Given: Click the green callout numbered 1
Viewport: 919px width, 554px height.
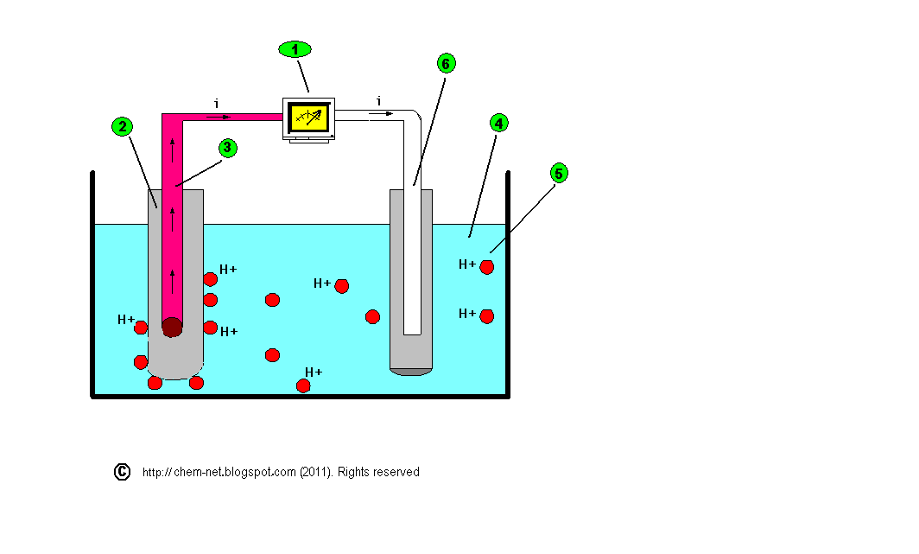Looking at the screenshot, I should pyautogui.click(x=295, y=49).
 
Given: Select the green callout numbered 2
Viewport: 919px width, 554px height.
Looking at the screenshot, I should pyautogui.click(x=122, y=127).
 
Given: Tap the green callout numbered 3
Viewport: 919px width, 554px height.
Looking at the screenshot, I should pyautogui.click(x=227, y=148).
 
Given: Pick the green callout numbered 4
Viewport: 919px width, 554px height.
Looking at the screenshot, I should pyautogui.click(x=497, y=123).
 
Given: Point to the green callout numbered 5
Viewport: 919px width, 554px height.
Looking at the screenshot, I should pyautogui.click(x=559, y=174).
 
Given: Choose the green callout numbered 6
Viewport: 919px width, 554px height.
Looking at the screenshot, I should pyautogui.click(x=446, y=63).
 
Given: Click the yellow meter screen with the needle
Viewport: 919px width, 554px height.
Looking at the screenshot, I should pyautogui.click(x=309, y=116).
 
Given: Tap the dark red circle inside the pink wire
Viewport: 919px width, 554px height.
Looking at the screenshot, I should pyautogui.click(x=172, y=328).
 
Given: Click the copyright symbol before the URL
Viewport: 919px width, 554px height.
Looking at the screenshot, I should pyautogui.click(x=122, y=472).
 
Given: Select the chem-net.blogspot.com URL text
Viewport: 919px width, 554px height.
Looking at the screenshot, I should pyautogui.click(x=219, y=472).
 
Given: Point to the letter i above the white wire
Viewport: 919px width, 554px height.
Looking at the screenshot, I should pyautogui.click(x=378, y=102).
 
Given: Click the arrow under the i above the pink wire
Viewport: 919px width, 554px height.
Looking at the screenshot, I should pyautogui.click(x=219, y=115).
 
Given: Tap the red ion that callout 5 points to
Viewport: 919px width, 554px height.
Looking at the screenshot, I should pyautogui.click(x=486, y=267).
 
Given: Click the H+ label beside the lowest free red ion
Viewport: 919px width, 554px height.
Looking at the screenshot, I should pyautogui.click(x=313, y=373).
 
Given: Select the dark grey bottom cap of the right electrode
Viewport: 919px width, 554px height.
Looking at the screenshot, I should pyautogui.click(x=411, y=372).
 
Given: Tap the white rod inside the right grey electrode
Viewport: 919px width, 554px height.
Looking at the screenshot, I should pyautogui.click(x=412, y=259).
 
